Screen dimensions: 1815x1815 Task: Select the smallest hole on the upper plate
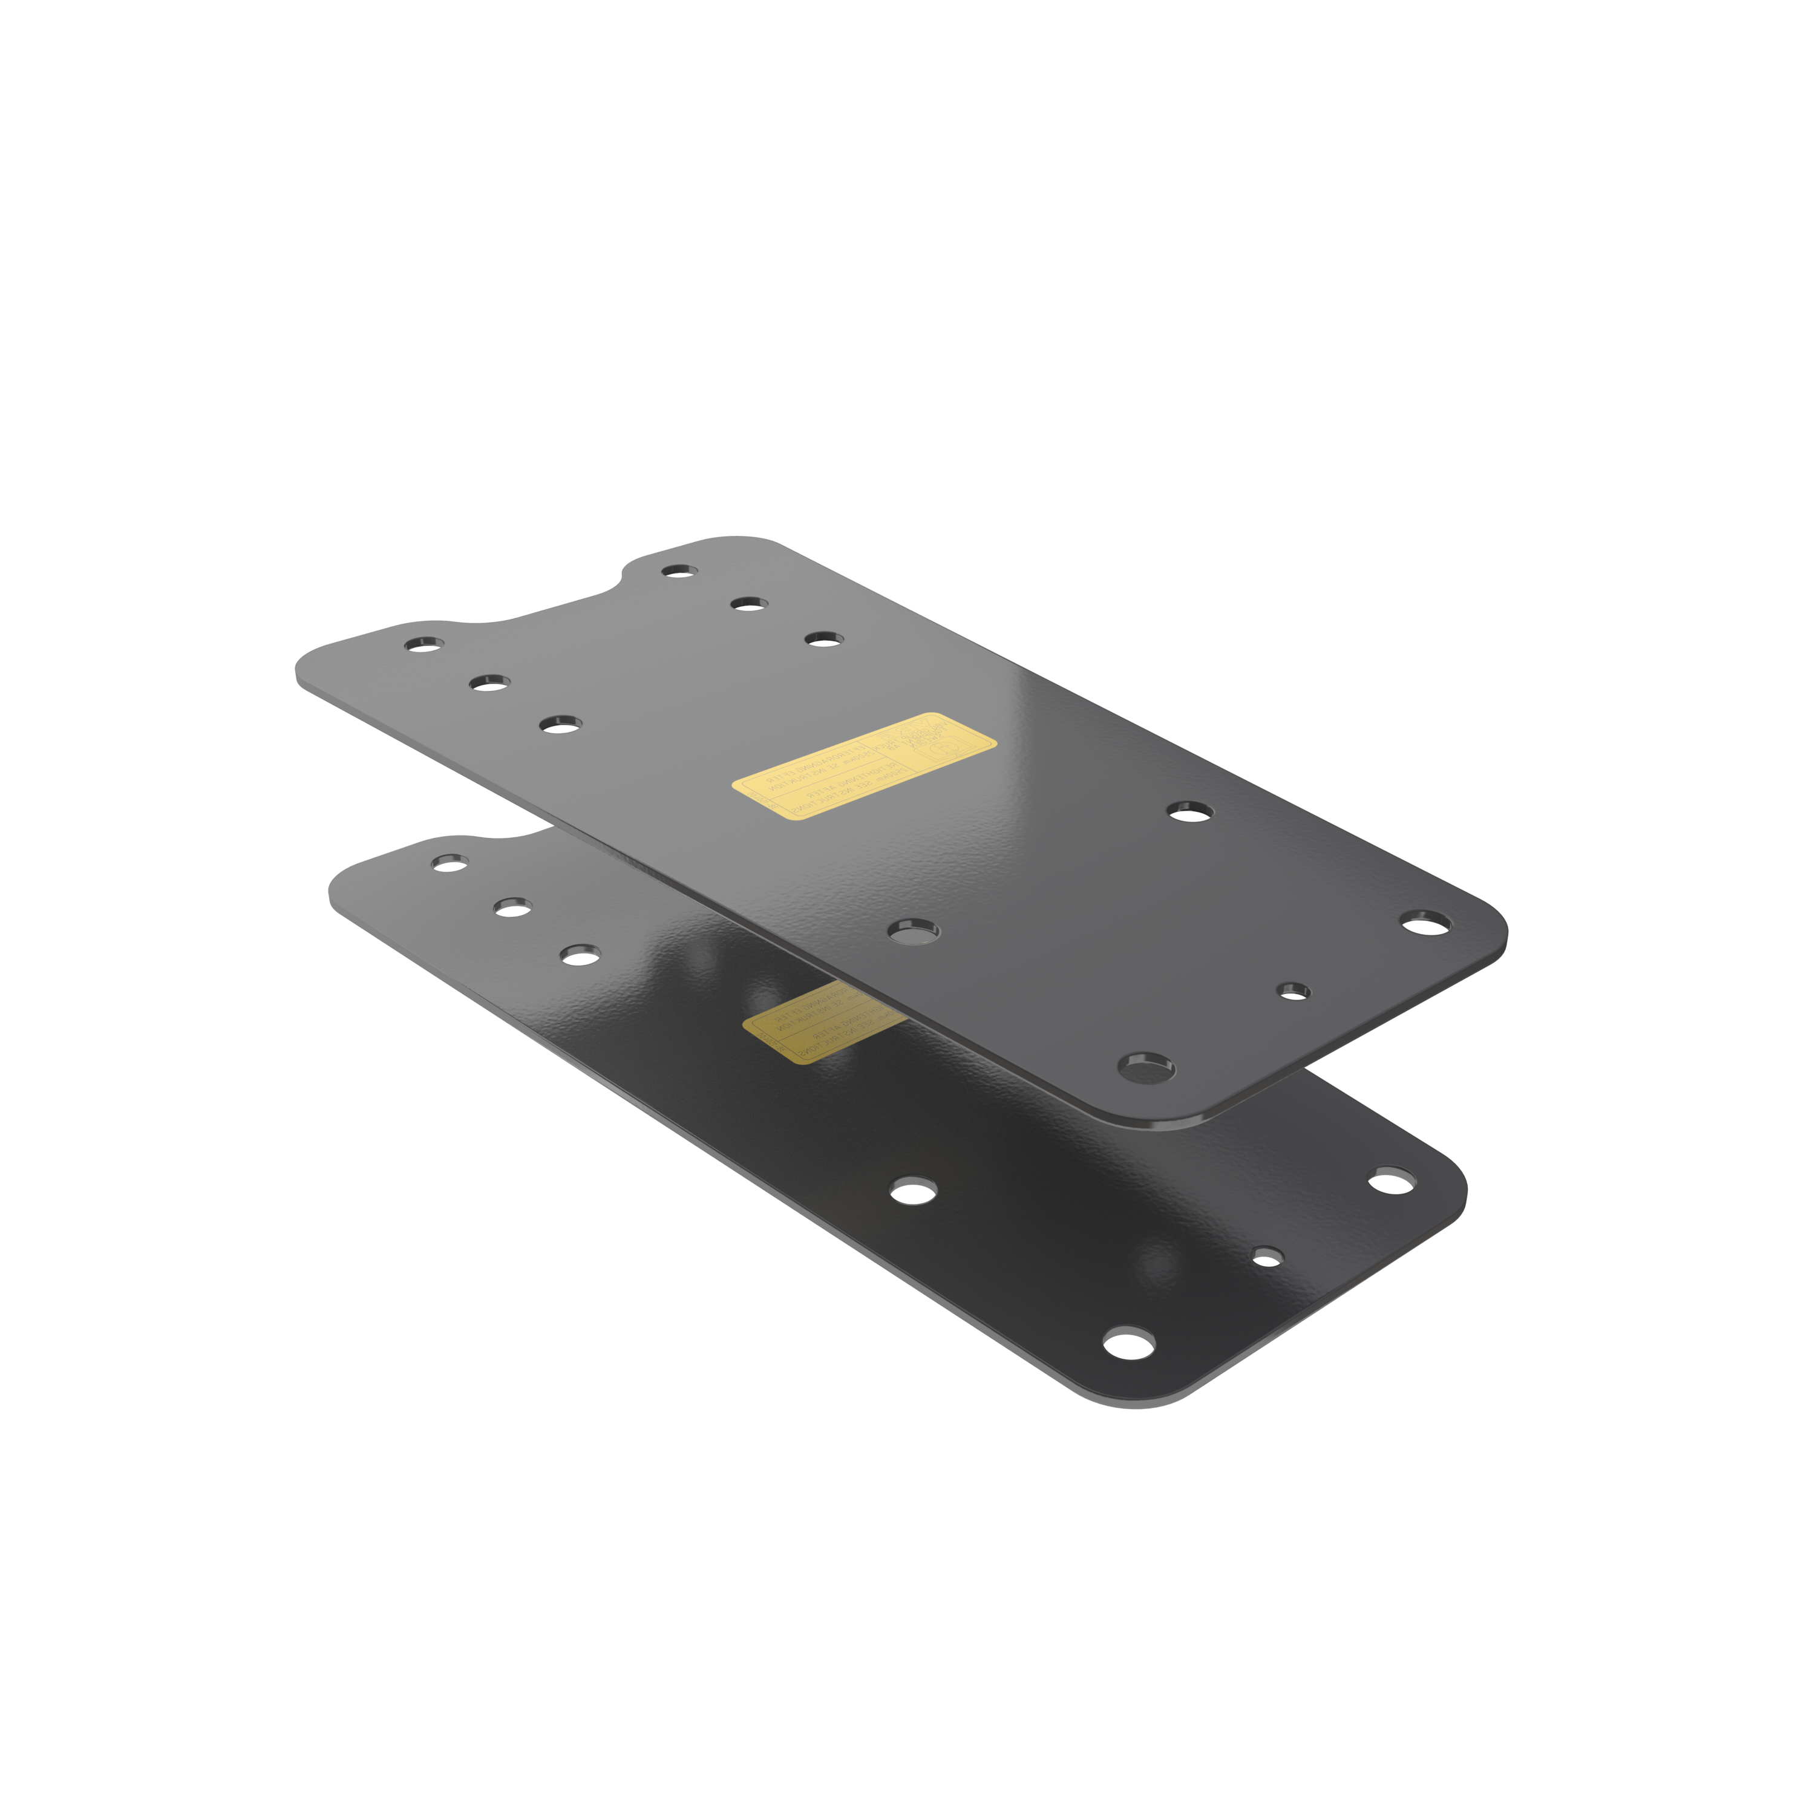(1295, 990)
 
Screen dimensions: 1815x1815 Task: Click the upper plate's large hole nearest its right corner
(1426, 921)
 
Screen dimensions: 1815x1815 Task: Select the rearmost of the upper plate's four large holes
(1189, 811)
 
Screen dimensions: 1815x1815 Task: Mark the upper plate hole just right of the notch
(678, 571)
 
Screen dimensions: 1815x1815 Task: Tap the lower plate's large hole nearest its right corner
(1393, 1180)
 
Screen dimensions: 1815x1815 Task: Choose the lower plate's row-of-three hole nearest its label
(580, 955)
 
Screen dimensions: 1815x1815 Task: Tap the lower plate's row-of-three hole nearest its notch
(449, 862)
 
